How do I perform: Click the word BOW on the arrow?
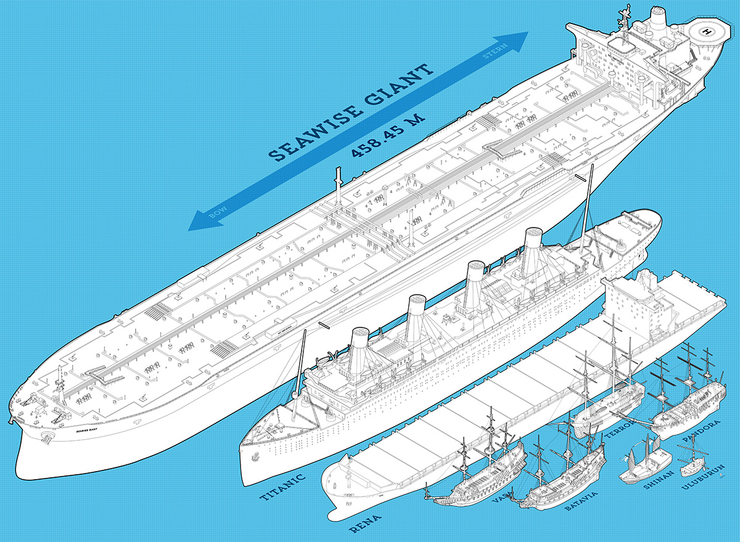tap(218, 212)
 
